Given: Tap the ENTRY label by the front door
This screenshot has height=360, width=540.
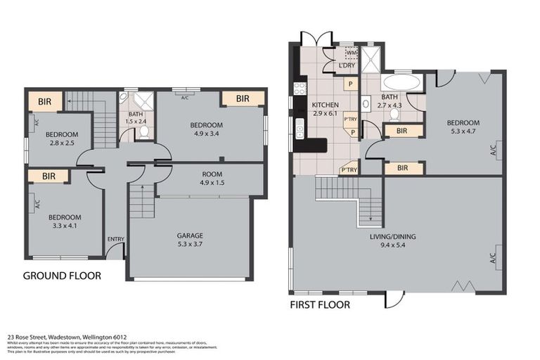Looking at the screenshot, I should tap(116, 239).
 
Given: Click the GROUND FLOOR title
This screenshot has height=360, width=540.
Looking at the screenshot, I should tap(62, 276).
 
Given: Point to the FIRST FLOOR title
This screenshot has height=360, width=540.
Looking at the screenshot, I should tap(320, 305).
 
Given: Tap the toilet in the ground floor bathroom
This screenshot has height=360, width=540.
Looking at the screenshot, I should tap(143, 131).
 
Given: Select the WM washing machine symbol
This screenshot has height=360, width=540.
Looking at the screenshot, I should tap(350, 53).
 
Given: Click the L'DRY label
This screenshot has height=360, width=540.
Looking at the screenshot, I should tap(347, 66).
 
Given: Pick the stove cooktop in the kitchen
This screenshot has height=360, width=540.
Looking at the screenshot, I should tap(299, 89).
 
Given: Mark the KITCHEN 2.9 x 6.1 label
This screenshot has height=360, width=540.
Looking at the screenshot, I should tap(325, 109).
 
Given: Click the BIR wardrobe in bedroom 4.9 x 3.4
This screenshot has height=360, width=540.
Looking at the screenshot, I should tap(243, 99).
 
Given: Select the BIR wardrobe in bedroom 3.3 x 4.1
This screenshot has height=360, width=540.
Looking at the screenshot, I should tap(49, 176).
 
